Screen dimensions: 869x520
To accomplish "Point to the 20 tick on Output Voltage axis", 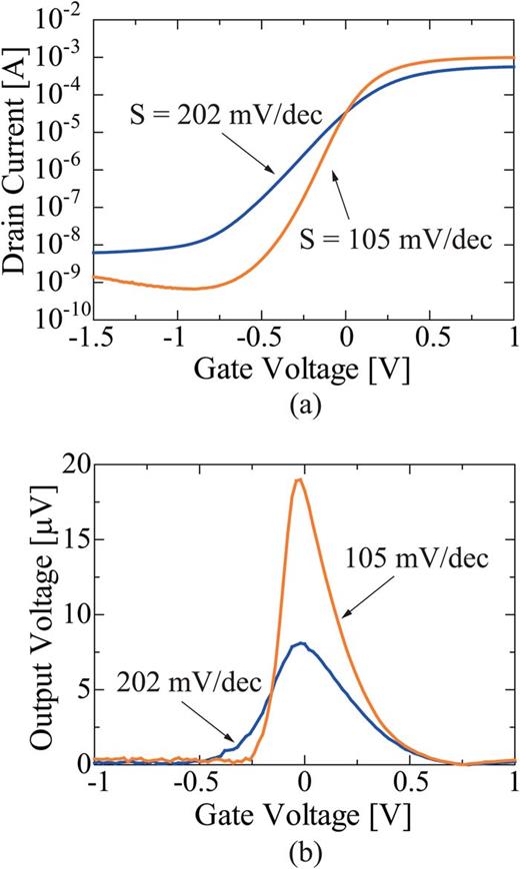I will pos(76,464).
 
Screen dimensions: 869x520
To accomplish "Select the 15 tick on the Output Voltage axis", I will pos(76,539).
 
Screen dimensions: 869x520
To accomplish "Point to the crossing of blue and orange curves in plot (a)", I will pos(344,113).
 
